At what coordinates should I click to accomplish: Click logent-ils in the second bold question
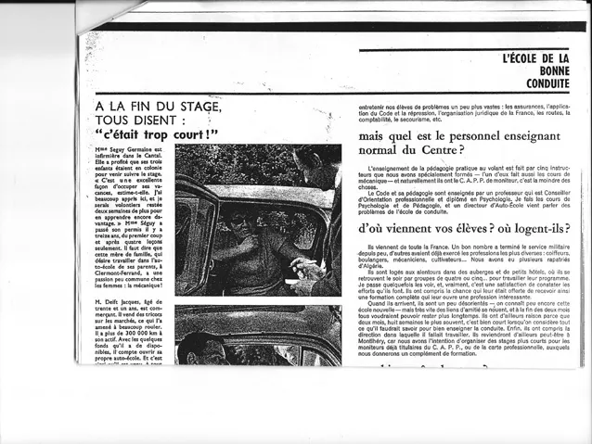tap(543, 228)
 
